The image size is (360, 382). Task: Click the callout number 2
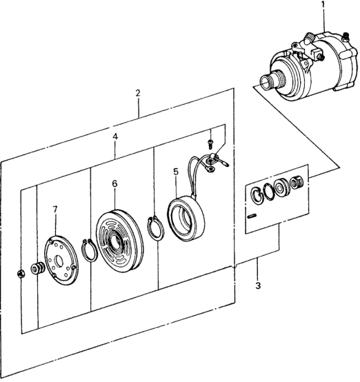(x=138, y=92)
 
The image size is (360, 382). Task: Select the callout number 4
(x=115, y=137)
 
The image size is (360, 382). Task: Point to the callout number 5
(x=176, y=171)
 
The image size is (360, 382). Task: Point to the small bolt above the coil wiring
(x=209, y=143)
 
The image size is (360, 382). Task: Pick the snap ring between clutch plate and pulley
(x=88, y=250)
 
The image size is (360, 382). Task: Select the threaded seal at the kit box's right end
(x=298, y=184)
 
